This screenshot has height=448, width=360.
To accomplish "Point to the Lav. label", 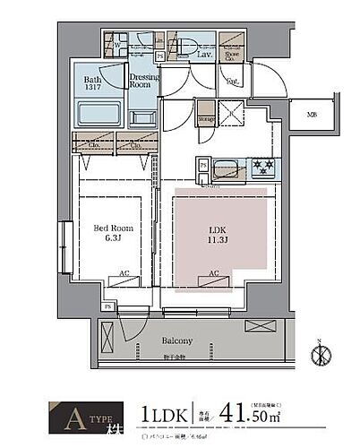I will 202,56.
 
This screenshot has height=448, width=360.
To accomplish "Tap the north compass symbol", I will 319,353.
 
